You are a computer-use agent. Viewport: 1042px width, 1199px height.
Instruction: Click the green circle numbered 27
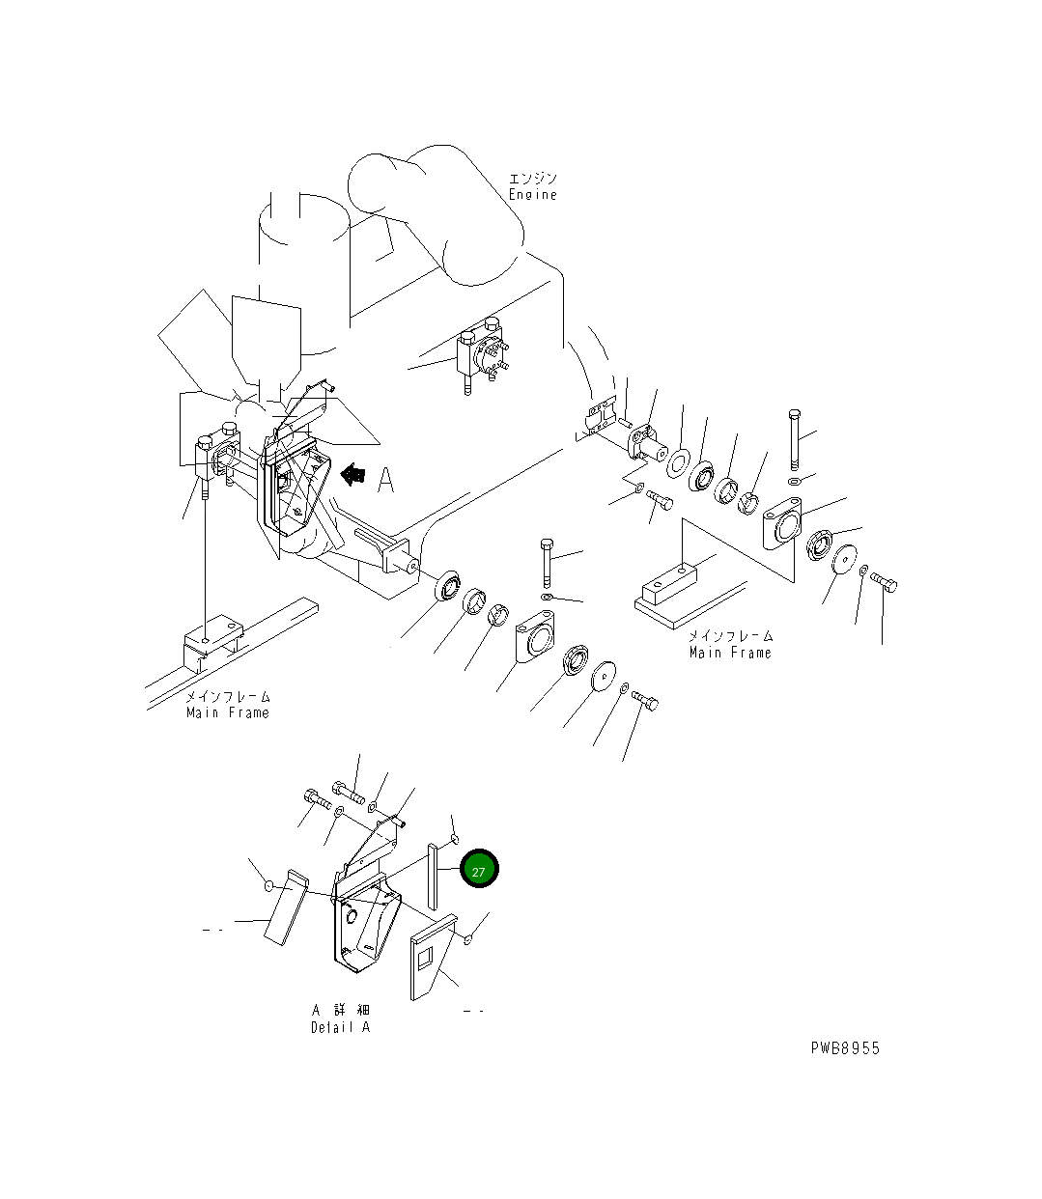479,870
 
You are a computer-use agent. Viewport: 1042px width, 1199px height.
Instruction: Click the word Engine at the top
533,195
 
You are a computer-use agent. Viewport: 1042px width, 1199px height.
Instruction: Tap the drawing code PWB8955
845,1048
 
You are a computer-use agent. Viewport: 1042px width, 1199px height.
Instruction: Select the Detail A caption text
340,1027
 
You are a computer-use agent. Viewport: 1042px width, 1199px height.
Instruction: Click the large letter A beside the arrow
386,480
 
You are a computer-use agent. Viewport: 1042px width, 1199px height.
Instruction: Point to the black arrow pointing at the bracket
352,474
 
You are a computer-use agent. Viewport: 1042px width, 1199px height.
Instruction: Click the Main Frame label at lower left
228,712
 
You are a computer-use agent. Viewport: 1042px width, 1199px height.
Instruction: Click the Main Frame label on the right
730,653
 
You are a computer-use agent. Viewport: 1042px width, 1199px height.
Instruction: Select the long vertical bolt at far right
794,440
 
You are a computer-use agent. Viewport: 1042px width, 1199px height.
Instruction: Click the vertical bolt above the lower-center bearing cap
547,561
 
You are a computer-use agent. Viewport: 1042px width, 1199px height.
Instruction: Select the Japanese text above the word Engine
533,179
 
